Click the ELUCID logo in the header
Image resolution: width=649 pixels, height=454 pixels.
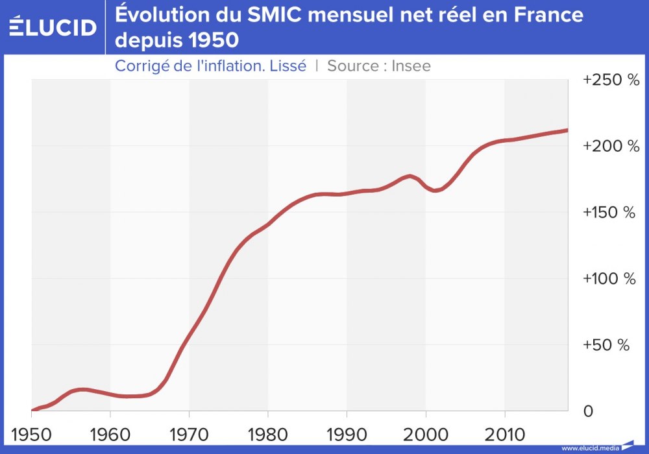(53, 27)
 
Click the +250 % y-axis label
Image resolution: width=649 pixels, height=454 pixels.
(610, 80)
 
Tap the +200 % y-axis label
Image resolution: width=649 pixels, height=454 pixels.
(610, 147)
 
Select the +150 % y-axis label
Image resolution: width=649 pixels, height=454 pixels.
(610, 213)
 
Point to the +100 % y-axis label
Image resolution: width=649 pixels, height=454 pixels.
(610, 279)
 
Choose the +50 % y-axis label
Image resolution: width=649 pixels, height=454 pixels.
(606, 345)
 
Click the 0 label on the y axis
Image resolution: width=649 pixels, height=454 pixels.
(587, 411)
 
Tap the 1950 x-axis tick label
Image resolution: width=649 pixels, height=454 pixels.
(31, 433)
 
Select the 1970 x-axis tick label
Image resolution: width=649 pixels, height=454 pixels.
(189, 433)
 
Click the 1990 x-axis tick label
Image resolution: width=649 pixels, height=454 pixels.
(347, 433)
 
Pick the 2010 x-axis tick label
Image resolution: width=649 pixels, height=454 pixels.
(504, 433)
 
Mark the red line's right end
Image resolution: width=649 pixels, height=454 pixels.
(567, 130)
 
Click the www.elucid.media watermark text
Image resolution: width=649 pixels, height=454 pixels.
(589, 448)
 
